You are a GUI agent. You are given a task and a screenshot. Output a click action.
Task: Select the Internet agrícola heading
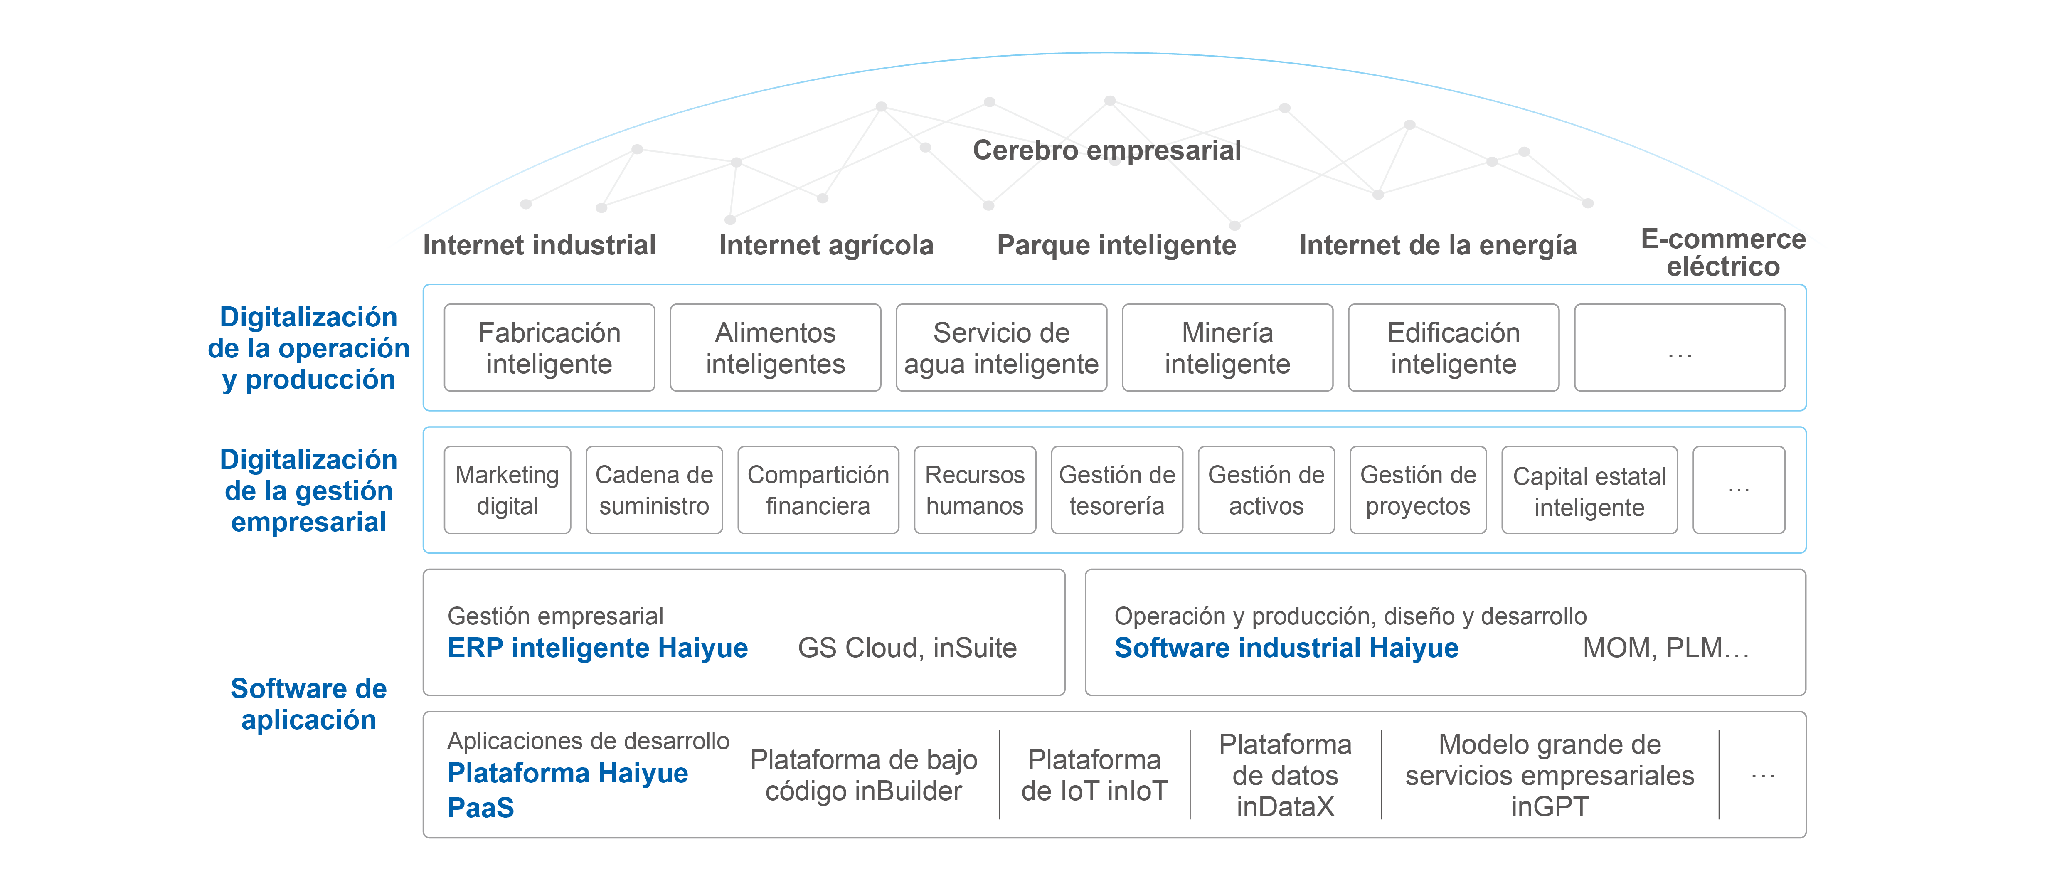click(825, 245)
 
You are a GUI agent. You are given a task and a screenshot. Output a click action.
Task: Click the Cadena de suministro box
click(654, 490)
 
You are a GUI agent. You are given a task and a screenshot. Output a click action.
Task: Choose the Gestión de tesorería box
click(1117, 490)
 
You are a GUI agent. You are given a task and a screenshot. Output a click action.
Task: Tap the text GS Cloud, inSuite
click(907, 648)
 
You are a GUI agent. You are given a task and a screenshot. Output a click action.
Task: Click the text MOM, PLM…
click(1665, 648)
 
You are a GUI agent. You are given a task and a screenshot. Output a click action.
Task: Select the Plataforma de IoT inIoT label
click(1094, 775)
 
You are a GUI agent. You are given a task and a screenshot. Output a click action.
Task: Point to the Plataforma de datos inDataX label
click(1285, 775)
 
